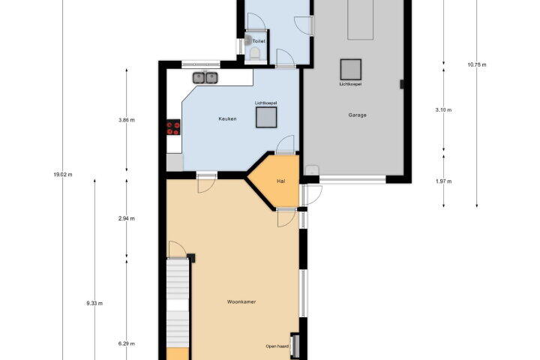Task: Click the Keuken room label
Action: (228, 118)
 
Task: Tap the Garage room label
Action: (357, 115)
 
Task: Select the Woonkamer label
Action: (241, 301)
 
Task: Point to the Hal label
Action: (281, 181)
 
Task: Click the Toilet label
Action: (259, 41)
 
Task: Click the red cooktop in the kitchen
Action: (173, 127)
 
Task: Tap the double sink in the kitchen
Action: (205, 78)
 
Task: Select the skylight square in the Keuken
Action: (266, 117)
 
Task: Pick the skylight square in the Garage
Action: (351, 70)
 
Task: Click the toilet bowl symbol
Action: (254, 54)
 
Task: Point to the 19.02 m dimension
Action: (63, 175)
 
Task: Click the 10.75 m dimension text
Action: (477, 64)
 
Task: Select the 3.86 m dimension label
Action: (127, 120)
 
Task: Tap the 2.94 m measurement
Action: (127, 218)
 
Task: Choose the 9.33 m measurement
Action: (94, 304)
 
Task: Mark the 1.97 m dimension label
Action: (443, 181)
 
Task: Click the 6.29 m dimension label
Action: (127, 343)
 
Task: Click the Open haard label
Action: (277, 346)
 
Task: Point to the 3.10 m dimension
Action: (443, 110)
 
